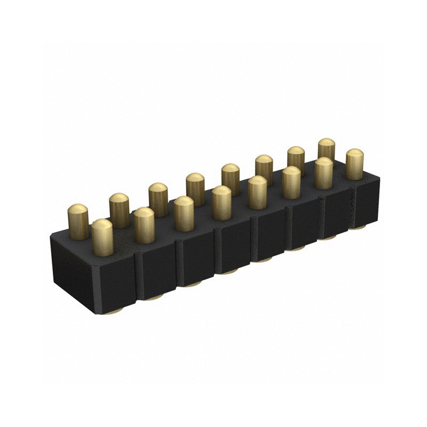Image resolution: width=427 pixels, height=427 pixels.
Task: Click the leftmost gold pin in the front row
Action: coord(102,237)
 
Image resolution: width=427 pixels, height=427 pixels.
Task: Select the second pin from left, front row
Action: coord(144,225)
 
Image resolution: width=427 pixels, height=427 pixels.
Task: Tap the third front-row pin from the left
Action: coord(184,213)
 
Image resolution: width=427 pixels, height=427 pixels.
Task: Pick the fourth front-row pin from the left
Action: coord(222,202)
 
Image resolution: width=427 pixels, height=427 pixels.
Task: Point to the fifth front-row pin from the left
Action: coord(257,192)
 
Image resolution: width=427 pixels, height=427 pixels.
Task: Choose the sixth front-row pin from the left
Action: coord(291,182)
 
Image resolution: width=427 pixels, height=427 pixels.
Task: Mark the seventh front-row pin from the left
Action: coord(323,173)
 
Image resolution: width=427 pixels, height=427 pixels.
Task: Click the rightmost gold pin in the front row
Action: coord(354,164)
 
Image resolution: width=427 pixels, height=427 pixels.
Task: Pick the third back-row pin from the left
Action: coord(158,198)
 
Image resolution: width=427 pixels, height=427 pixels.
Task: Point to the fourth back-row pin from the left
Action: coord(195,188)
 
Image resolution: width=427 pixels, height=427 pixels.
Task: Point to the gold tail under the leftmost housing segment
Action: coord(115,312)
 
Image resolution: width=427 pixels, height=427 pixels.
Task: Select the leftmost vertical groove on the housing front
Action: coord(137,278)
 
